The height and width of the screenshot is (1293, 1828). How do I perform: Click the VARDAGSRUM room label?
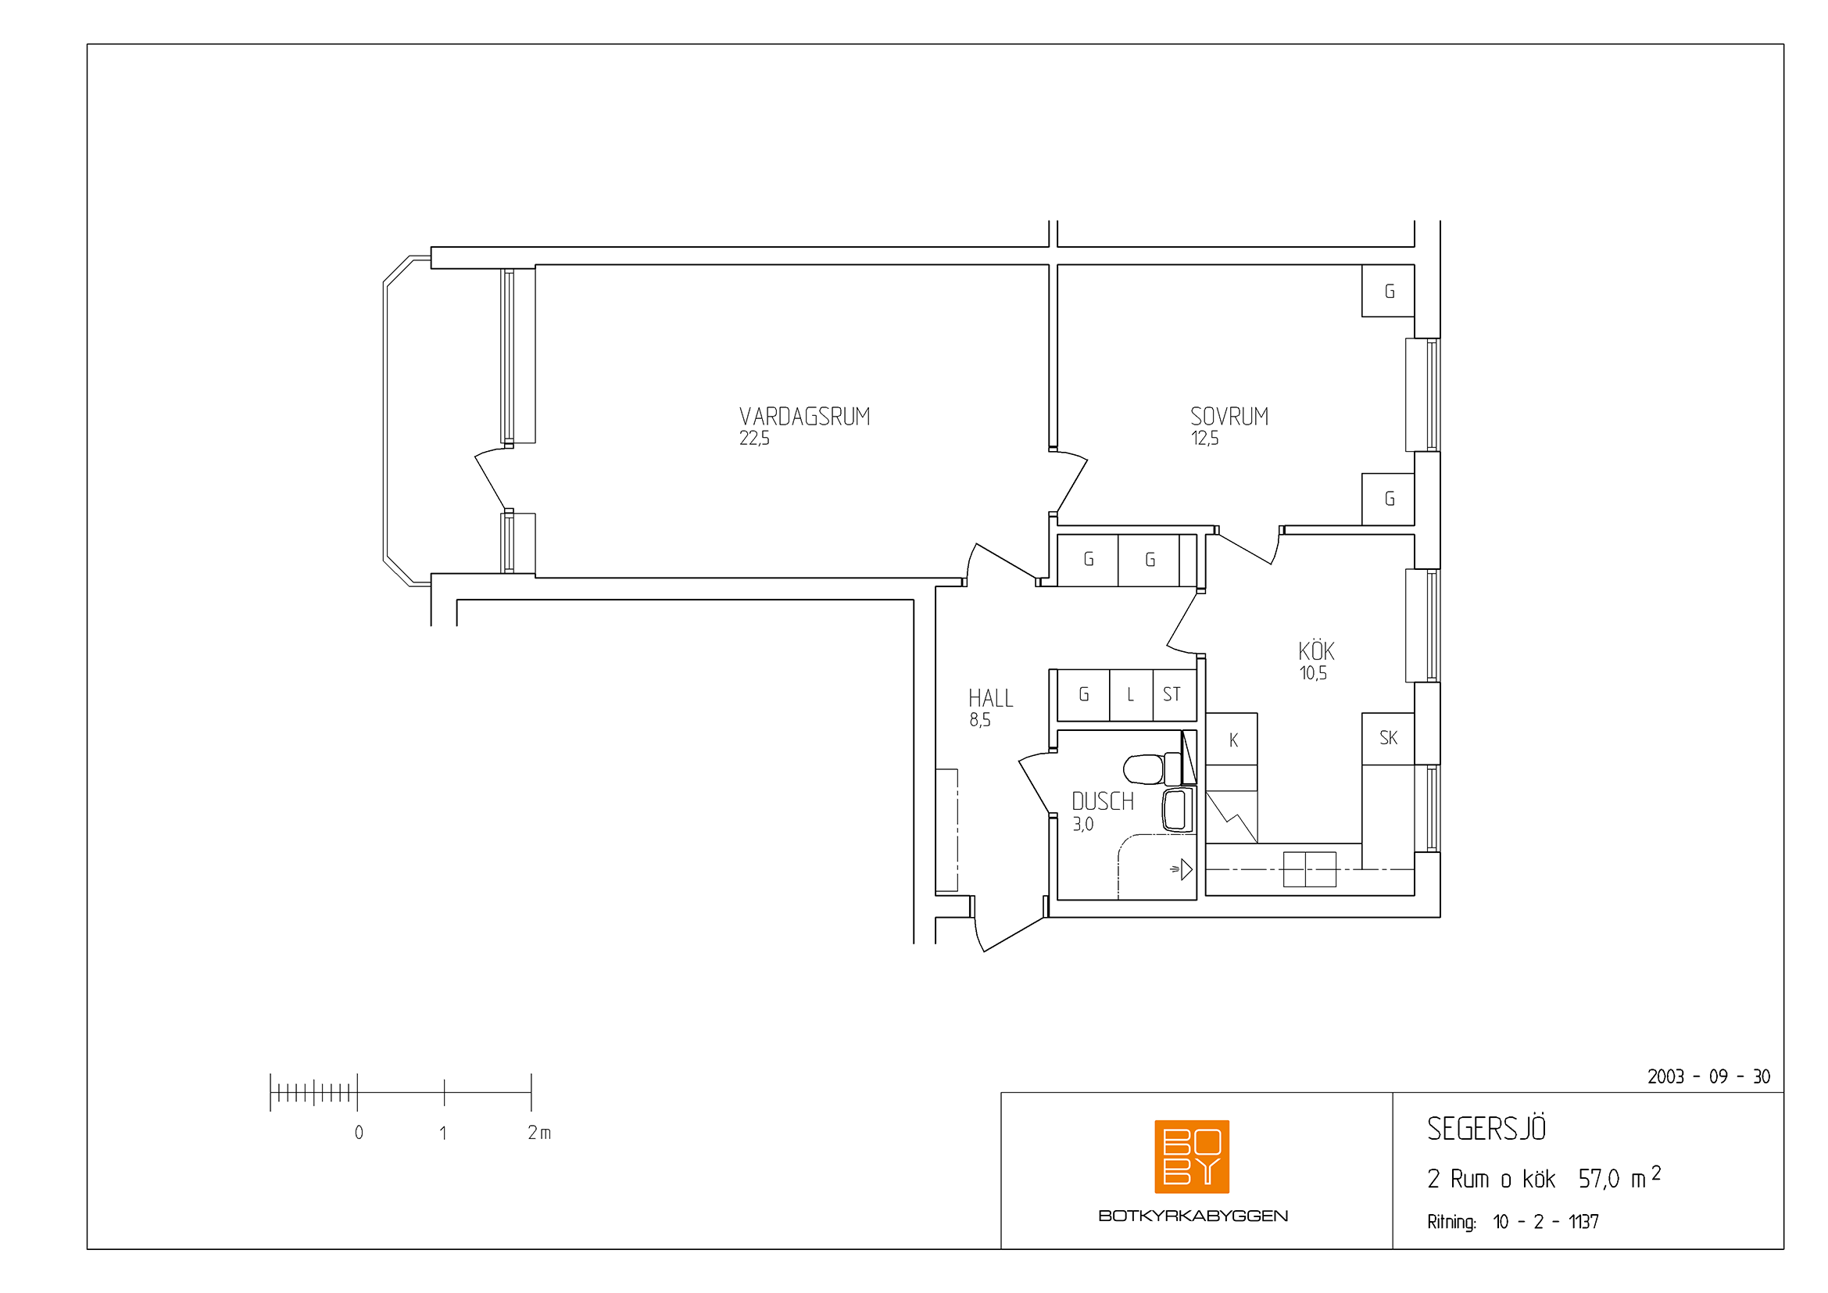point(804,417)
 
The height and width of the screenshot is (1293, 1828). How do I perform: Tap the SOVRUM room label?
point(1229,417)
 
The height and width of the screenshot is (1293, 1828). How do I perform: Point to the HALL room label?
point(990,698)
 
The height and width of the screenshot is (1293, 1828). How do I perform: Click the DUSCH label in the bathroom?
point(1103,801)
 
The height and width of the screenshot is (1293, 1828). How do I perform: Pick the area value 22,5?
point(754,439)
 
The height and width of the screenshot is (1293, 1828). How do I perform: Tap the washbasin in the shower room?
point(1178,810)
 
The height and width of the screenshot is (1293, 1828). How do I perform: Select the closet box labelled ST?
point(1175,695)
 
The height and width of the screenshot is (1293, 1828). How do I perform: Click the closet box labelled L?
point(1131,695)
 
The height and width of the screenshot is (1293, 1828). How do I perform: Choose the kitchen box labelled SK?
point(1388,738)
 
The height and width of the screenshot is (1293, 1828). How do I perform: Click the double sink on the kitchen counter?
point(1309,869)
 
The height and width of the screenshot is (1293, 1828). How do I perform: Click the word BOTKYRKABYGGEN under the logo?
point(1193,1216)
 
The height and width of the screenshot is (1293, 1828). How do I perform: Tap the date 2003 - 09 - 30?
point(1708,1076)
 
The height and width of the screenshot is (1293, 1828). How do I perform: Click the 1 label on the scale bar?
point(442,1132)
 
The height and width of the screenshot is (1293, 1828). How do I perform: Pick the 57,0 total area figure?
point(1599,1179)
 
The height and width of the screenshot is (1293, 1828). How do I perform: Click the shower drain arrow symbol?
point(1182,869)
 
